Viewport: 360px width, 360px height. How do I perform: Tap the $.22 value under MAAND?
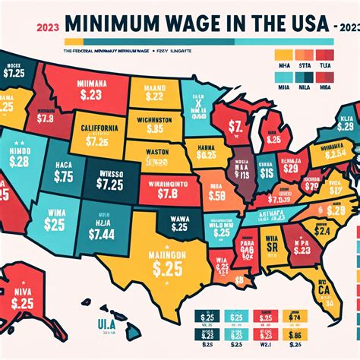pyautogui.click(x=155, y=96)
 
